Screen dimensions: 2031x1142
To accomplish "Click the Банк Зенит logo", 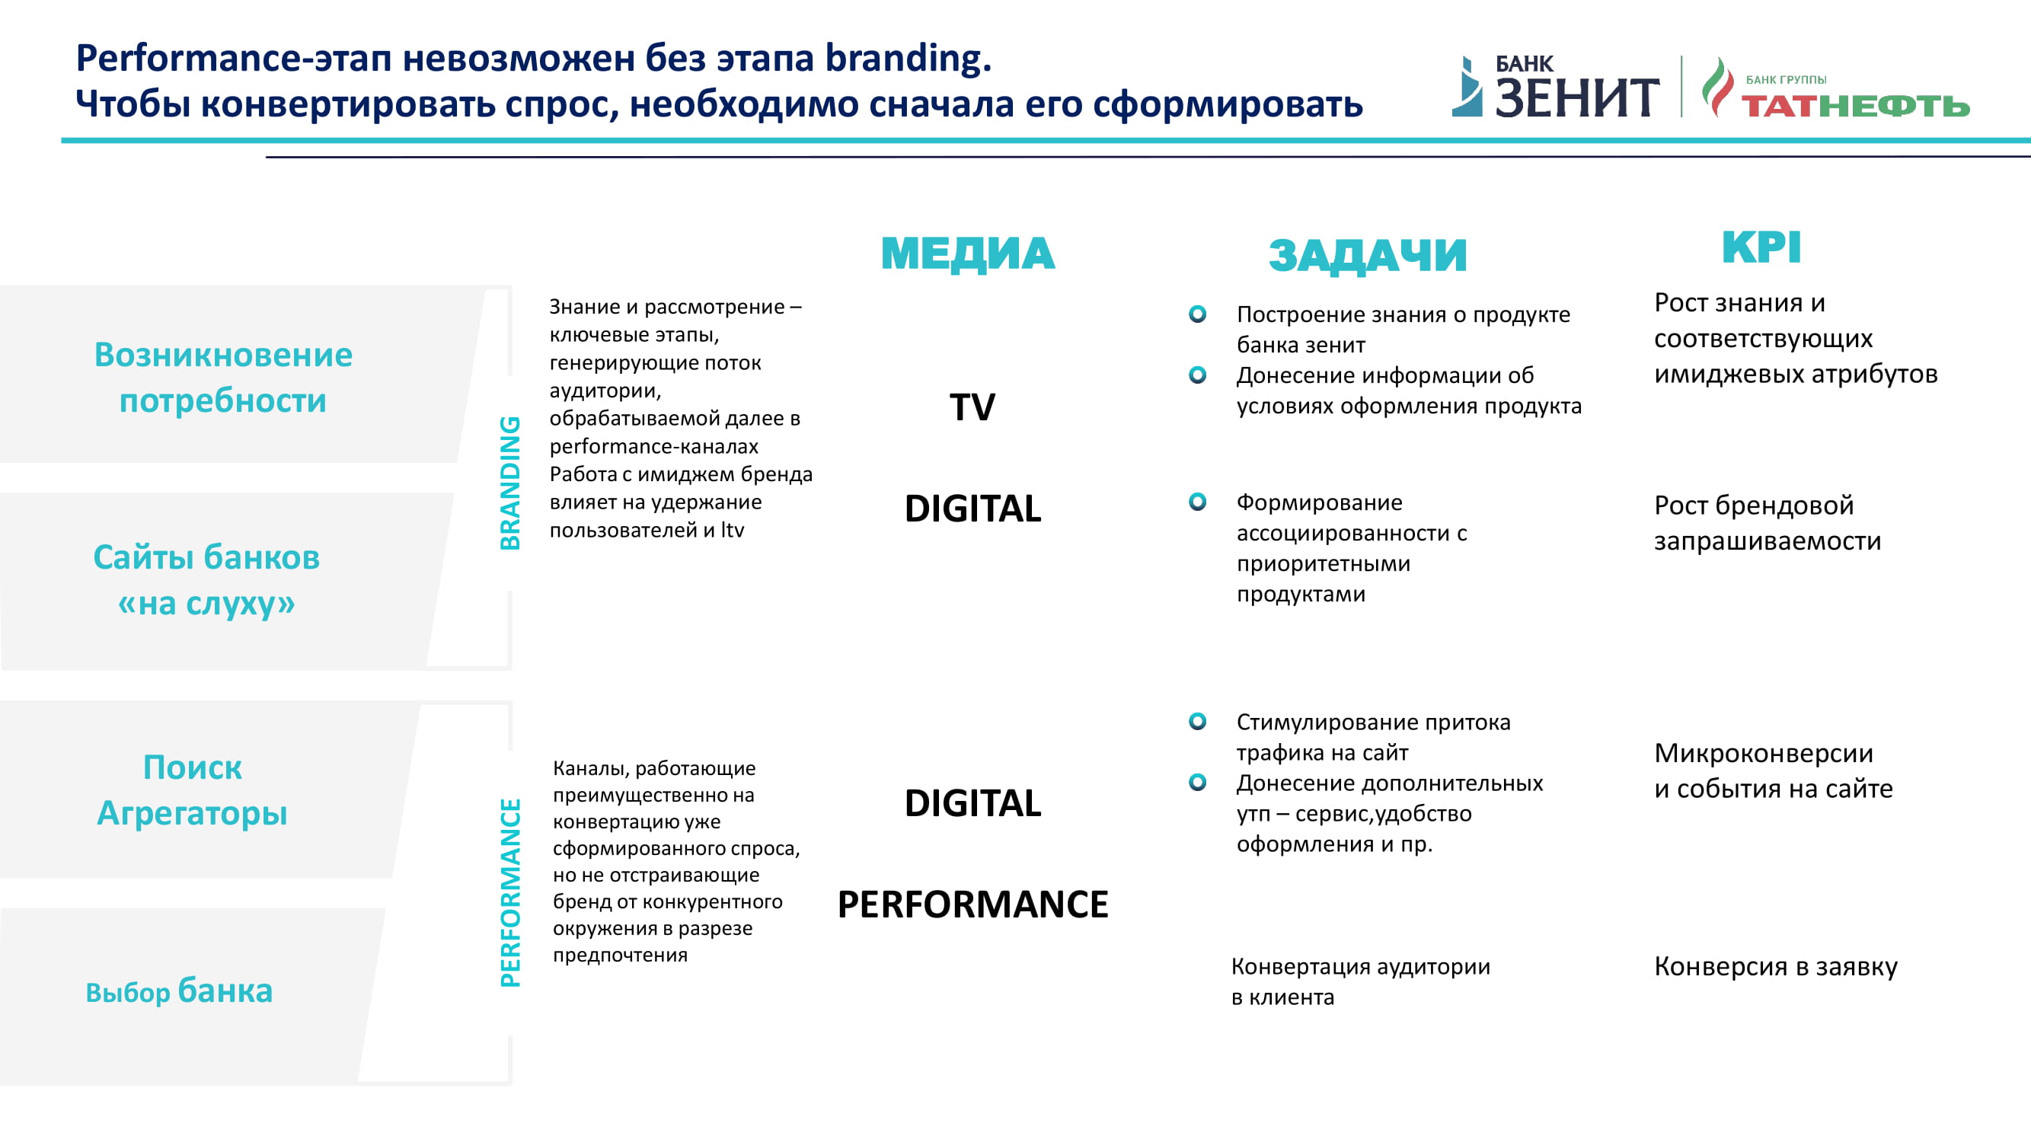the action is tap(1555, 87).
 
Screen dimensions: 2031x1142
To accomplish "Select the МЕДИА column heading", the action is tap(967, 254).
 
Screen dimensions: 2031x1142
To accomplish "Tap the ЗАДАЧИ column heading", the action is tap(1367, 255).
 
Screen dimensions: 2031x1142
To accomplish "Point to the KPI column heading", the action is tap(1761, 247).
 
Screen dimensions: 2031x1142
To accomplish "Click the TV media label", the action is tap(972, 407).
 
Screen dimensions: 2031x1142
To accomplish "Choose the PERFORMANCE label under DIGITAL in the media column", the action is tap(973, 904).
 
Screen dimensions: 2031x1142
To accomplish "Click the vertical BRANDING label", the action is tap(510, 483).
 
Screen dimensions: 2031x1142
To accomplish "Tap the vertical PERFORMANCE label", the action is tap(510, 893).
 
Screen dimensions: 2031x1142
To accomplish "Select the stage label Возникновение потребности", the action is tap(223, 378).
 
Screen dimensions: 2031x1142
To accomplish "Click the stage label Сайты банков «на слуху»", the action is tap(206, 580).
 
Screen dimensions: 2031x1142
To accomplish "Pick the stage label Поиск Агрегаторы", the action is tap(193, 790).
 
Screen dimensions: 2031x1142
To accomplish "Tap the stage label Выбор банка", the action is tap(179, 990).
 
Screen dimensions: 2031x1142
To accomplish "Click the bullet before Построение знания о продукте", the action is tap(1198, 314).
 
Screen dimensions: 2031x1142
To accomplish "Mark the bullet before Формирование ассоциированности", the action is tap(1198, 502).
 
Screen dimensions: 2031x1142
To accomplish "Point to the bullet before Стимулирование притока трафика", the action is tap(1198, 721).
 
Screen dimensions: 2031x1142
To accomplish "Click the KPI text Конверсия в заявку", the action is tap(1776, 966).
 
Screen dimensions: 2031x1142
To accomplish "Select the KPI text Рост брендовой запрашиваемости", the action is tap(1768, 522).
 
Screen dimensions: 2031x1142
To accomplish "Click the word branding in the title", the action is tap(909, 59).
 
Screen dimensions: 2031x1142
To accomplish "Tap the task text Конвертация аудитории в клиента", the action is tap(1361, 981).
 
